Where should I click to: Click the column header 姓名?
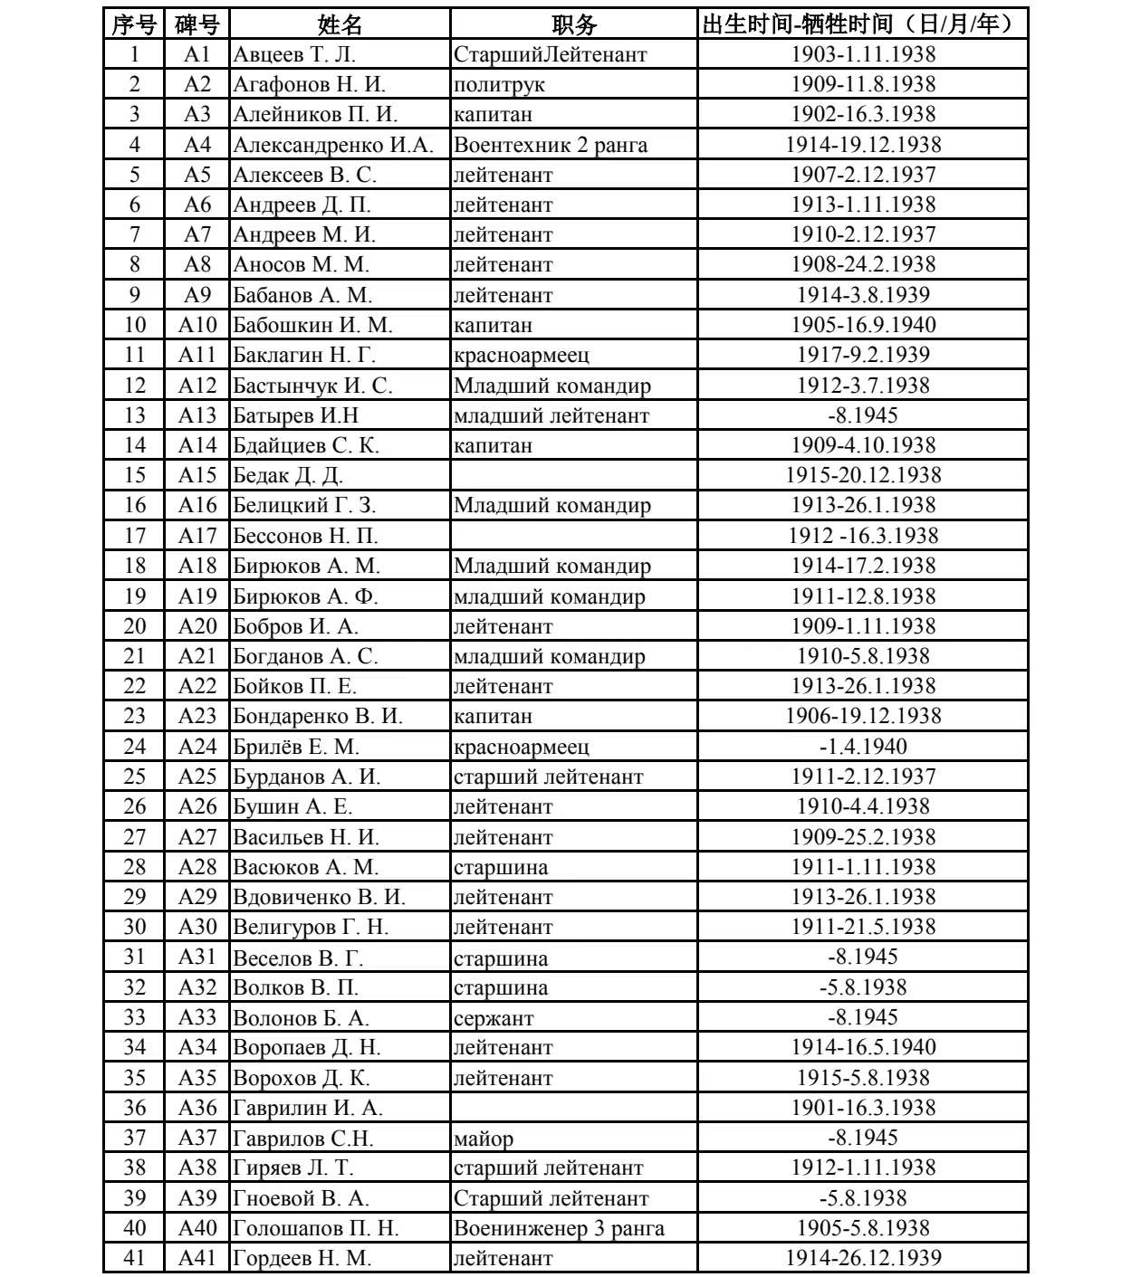(340, 24)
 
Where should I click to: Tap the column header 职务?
(574, 24)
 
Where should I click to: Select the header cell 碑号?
(197, 24)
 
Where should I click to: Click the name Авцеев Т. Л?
(294, 54)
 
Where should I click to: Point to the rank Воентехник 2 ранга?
(551, 145)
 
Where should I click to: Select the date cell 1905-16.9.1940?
(863, 325)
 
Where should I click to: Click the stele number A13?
(197, 415)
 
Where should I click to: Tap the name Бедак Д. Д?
(288, 475)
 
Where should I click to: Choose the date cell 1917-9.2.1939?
(863, 355)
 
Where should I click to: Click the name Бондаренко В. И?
(318, 716)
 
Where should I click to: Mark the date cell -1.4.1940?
(863, 747)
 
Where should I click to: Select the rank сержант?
(494, 1018)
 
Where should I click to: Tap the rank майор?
(484, 1139)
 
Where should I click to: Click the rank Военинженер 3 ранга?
(559, 1228)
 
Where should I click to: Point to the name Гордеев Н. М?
(302, 1258)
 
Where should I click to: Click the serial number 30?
(134, 927)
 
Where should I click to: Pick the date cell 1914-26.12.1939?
(863, 1258)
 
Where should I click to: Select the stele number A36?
(197, 1108)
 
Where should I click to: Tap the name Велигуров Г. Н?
(311, 927)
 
